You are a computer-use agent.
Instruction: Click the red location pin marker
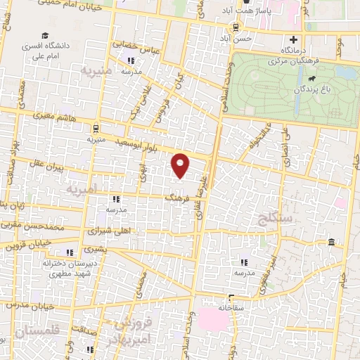181,165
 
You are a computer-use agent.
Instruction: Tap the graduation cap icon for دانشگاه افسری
45,35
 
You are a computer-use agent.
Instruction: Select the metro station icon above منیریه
95,127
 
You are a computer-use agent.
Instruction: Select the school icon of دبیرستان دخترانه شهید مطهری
69,252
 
